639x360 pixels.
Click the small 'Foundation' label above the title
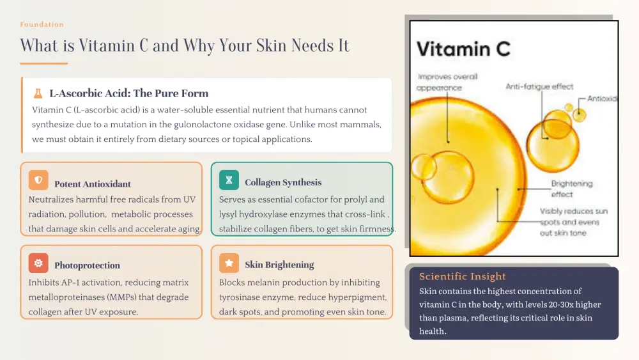(x=42, y=24)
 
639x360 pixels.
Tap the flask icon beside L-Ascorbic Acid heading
(x=38, y=93)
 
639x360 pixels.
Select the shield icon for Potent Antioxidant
(x=38, y=180)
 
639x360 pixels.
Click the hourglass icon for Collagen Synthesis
(x=229, y=180)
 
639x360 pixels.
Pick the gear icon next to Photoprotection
(x=38, y=263)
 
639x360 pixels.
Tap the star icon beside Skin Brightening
(x=229, y=263)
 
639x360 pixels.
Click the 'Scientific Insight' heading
(x=463, y=276)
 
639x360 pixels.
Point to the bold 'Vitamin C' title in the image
(x=463, y=49)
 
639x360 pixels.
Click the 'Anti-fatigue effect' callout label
(x=539, y=86)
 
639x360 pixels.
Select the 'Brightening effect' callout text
(x=572, y=189)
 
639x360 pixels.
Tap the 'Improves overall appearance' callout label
(x=447, y=82)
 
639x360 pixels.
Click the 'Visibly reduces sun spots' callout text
(x=573, y=222)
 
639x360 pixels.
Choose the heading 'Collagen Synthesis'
(x=283, y=182)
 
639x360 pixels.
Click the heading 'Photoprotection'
(x=87, y=265)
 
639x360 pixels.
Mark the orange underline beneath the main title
(x=44, y=63)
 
